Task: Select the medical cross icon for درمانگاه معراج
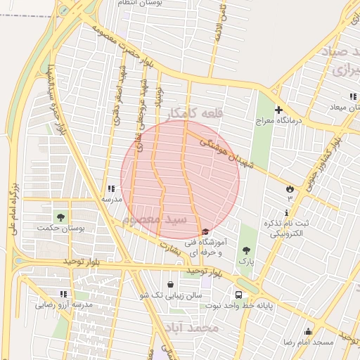[279, 110]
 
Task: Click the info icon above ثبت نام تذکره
[287, 212]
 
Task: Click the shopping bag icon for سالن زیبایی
[171, 284]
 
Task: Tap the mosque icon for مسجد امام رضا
[307, 331]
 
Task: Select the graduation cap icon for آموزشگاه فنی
[205, 233]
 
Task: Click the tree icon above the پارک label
[246, 250]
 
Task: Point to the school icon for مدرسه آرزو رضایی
[64, 294]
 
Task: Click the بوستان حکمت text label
[59, 229]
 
